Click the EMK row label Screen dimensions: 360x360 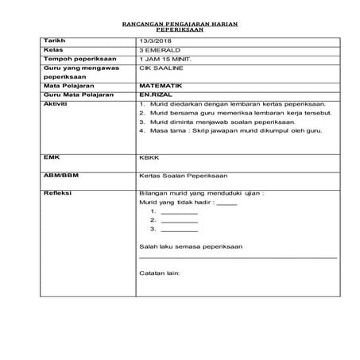point(52,158)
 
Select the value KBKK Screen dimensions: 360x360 point(148,158)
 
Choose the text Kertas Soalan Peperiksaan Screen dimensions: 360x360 point(179,174)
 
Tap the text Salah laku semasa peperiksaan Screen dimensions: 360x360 point(191,246)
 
